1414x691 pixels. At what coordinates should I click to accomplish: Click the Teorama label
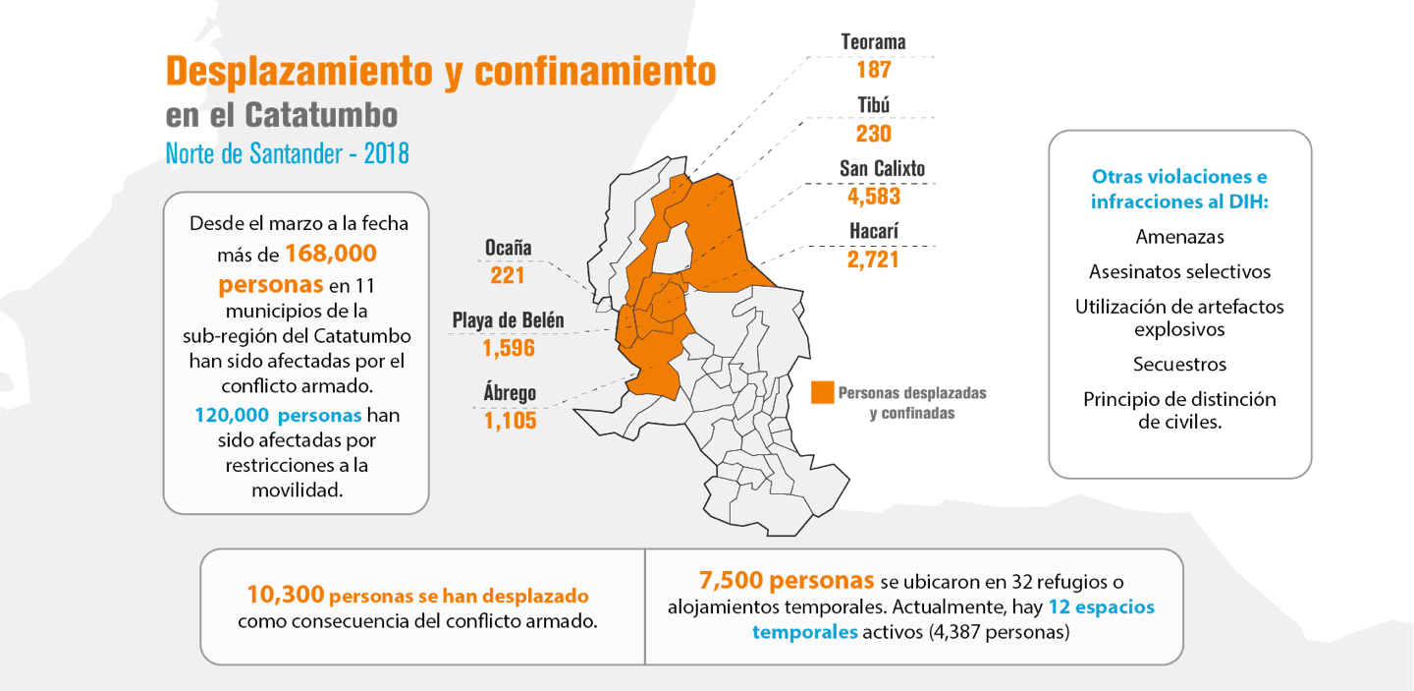click(873, 41)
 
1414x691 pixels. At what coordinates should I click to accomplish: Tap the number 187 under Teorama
click(874, 70)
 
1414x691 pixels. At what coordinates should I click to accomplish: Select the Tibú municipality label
click(874, 105)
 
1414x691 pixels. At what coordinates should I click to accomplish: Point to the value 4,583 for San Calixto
click(874, 197)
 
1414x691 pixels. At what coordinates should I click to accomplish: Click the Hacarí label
click(874, 231)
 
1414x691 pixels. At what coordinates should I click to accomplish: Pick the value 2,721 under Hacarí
click(873, 259)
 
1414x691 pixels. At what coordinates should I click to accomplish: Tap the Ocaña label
click(509, 248)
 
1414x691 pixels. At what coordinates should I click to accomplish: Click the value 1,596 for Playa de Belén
click(509, 348)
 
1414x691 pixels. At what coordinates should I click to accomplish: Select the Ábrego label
click(510, 392)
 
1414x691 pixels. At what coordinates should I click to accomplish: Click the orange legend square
click(823, 392)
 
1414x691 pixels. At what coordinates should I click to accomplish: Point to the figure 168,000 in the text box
click(331, 254)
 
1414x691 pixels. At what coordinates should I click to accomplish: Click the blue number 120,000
click(232, 415)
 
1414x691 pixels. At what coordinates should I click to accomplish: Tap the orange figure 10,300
click(286, 595)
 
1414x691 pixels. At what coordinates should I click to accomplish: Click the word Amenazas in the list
click(1180, 237)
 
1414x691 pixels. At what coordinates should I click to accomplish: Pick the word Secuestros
click(1180, 365)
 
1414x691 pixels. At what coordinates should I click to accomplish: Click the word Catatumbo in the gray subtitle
click(321, 115)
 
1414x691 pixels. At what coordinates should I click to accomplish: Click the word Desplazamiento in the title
click(299, 71)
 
